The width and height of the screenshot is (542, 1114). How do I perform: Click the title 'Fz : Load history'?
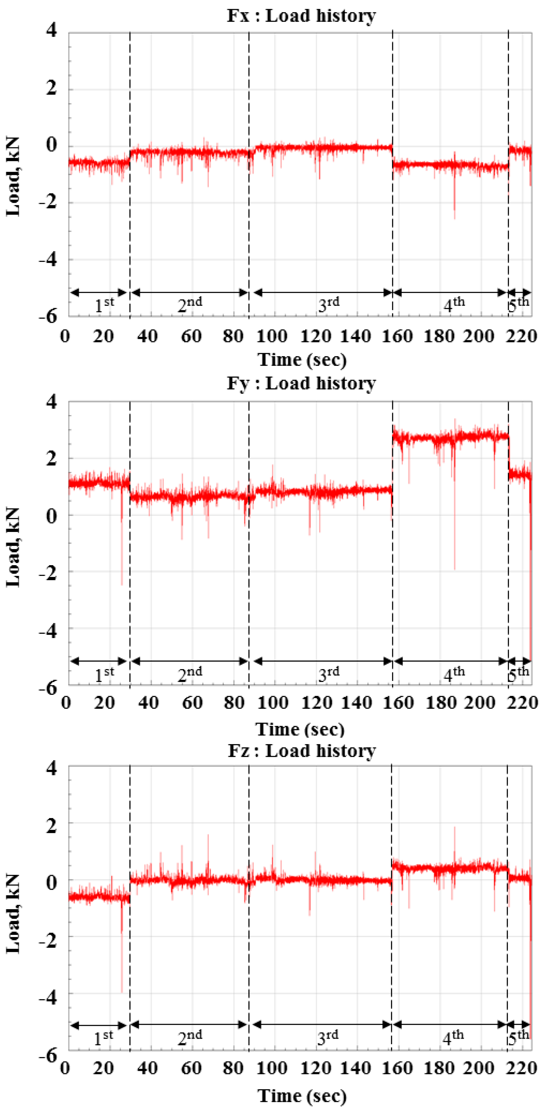pyautogui.click(x=301, y=751)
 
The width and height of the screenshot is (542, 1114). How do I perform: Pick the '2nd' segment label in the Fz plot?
pyautogui.click(x=189, y=1037)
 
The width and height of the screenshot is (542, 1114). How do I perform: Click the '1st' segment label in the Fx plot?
pyautogui.click(x=104, y=305)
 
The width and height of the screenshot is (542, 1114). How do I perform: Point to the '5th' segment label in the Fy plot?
pyautogui.click(x=518, y=674)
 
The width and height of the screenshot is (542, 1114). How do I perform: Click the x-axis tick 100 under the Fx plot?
pyautogui.click(x=272, y=336)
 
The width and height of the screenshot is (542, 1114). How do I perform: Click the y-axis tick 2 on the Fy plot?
pyautogui.click(x=51, y=458)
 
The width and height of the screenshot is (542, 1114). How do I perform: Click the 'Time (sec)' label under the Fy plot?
pyautogui.click(x=300, y=730)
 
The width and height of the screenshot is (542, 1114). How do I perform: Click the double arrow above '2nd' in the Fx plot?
pyautogui.click(x=189, y=293)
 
